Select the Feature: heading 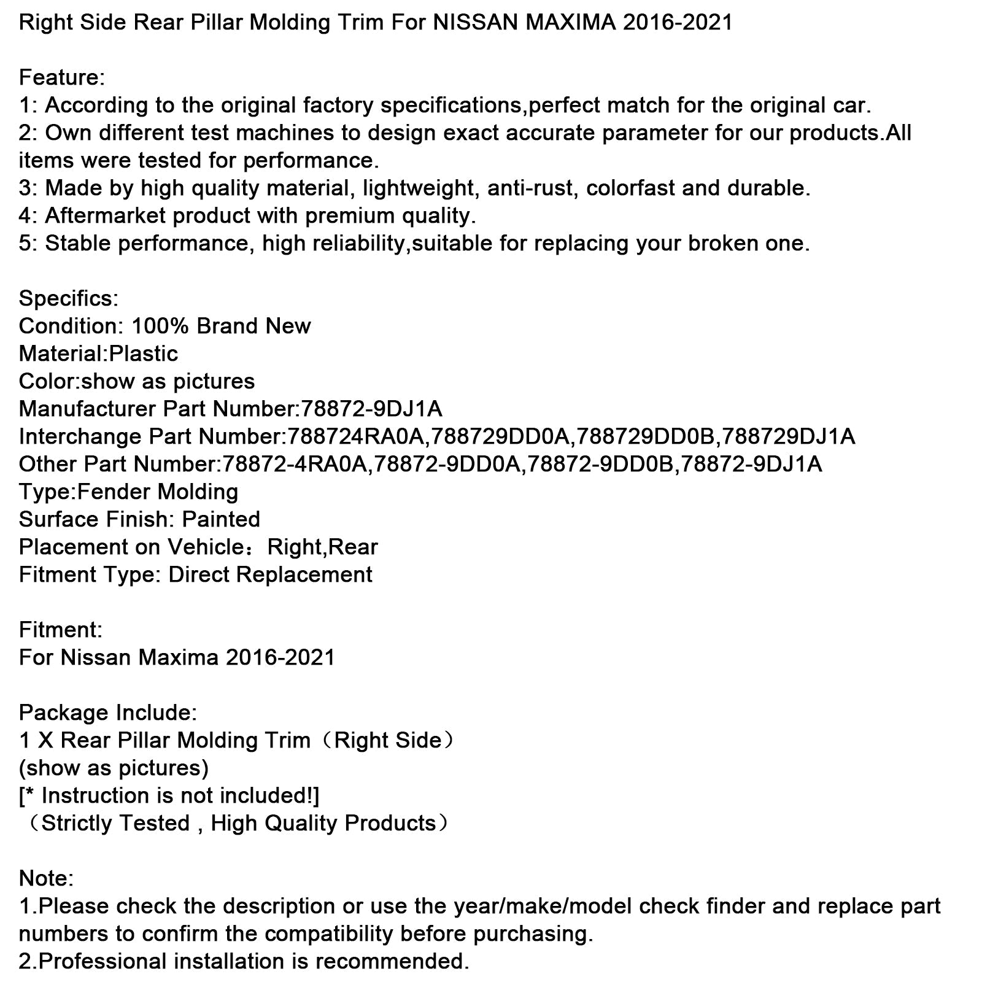click(x=62, y=78)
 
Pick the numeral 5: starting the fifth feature click(x=28, y=244)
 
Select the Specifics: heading click(x=69, y=299)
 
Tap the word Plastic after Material click(x=144, y=354)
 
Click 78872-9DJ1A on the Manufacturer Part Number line click(x=371, y=409)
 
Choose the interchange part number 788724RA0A click(x=356, y=437)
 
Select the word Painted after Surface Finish click(x=221, y=520)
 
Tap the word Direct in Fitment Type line click(x=198, y=575)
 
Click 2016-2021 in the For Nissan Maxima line click(x=280, y=658)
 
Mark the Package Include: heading click(x=108, y=713)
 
